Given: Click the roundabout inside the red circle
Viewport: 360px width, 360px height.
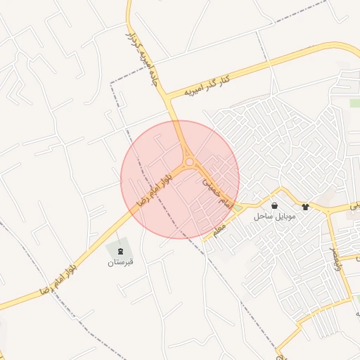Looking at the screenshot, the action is pyautogui.click(x=190, y=163).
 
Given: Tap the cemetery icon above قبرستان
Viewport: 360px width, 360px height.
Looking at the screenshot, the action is pyautogui.click(x=120, y=251).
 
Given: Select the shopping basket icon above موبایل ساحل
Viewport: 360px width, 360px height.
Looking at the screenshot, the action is pyautogui.click(x=274, y=206).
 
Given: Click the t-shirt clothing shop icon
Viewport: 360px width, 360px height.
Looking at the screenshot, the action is pyautogui.click(x=305, y=207).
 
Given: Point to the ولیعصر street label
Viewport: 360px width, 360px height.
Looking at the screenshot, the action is pyautogui.click(x=334, y=253).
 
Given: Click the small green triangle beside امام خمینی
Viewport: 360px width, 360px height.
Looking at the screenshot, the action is pyautogui.click(x=238, y=207).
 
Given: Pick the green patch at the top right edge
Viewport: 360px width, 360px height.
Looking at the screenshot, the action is pyautogui.click(x=354, y=103).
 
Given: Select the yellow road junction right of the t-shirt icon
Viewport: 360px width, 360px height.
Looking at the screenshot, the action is pyautogui.click(x=328, y=210).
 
